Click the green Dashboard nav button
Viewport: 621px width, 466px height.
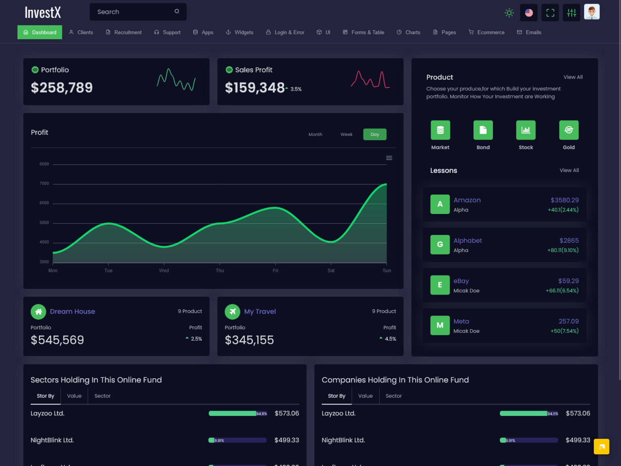click(x=40, y=32)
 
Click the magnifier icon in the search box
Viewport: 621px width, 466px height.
click(x=177, y=11)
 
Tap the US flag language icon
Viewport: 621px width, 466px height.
click(x=529, y=13)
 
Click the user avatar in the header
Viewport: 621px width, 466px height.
click(x=591, y=12)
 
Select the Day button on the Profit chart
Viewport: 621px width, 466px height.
click(x=375, y=134)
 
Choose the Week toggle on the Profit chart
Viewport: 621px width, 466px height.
click(x=346, y=134)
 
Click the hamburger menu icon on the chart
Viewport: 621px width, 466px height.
click(x=389, y=158)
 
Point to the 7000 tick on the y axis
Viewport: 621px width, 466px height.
click(x=44, y=184)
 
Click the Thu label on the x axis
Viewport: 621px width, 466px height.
click(x=220, y=271)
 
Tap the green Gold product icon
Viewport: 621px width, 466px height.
click(x=568, y=130)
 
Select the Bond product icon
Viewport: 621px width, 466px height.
click(x=483, y=130)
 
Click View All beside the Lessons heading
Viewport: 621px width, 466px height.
click(x=569, y=170)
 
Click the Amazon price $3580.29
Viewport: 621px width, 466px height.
click(x=564, y=200)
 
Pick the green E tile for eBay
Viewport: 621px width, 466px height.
click(x=440, y=285)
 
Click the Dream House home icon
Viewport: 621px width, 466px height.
click(x=38, y=311)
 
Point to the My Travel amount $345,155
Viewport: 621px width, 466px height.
click(x=249, y=340)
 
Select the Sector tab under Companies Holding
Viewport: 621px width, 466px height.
click(x=393, y=396)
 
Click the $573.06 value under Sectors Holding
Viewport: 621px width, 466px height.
click(x=287, y=413)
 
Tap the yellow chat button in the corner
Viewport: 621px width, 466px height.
click(x=601, y=447)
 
